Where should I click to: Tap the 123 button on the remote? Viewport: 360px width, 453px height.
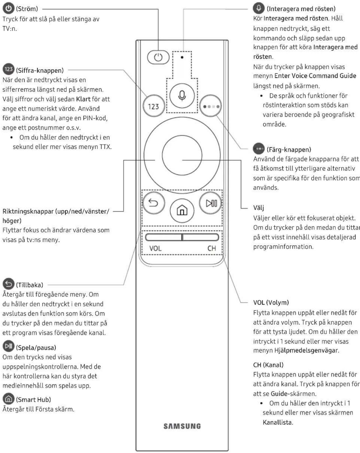pos(154,106)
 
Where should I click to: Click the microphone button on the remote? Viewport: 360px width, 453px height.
pos(182,96)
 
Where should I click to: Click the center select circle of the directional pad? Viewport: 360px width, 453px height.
pos(182,155)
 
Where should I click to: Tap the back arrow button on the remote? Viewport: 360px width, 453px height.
pos(153,203)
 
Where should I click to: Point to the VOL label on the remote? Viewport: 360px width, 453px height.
pos(155,248)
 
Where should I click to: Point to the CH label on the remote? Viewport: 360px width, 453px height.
pos(211,248)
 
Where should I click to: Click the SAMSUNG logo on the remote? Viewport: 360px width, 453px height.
pos(182,426)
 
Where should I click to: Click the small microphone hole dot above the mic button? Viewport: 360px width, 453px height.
pos(182,57)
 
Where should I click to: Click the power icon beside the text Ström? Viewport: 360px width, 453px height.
pos(9,8)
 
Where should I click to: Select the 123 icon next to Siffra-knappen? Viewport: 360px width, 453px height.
pos(9,69)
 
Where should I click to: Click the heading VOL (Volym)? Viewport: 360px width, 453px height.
pos(271,302)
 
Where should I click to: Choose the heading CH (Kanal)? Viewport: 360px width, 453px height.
pos(268,365)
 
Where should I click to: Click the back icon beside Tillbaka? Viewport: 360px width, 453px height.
pos(9,284)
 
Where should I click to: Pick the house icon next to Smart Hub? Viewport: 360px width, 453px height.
pos(9,399)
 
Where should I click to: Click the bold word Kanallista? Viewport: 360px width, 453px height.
pos(277,422)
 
